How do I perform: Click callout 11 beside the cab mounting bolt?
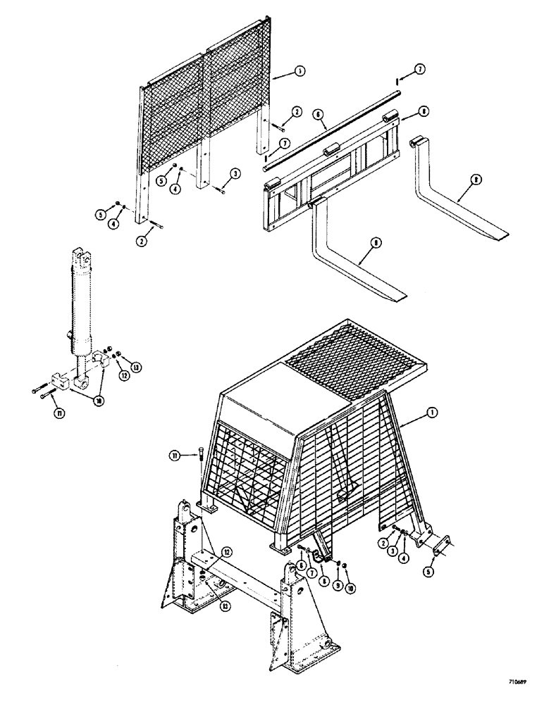[x=173, y=458]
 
